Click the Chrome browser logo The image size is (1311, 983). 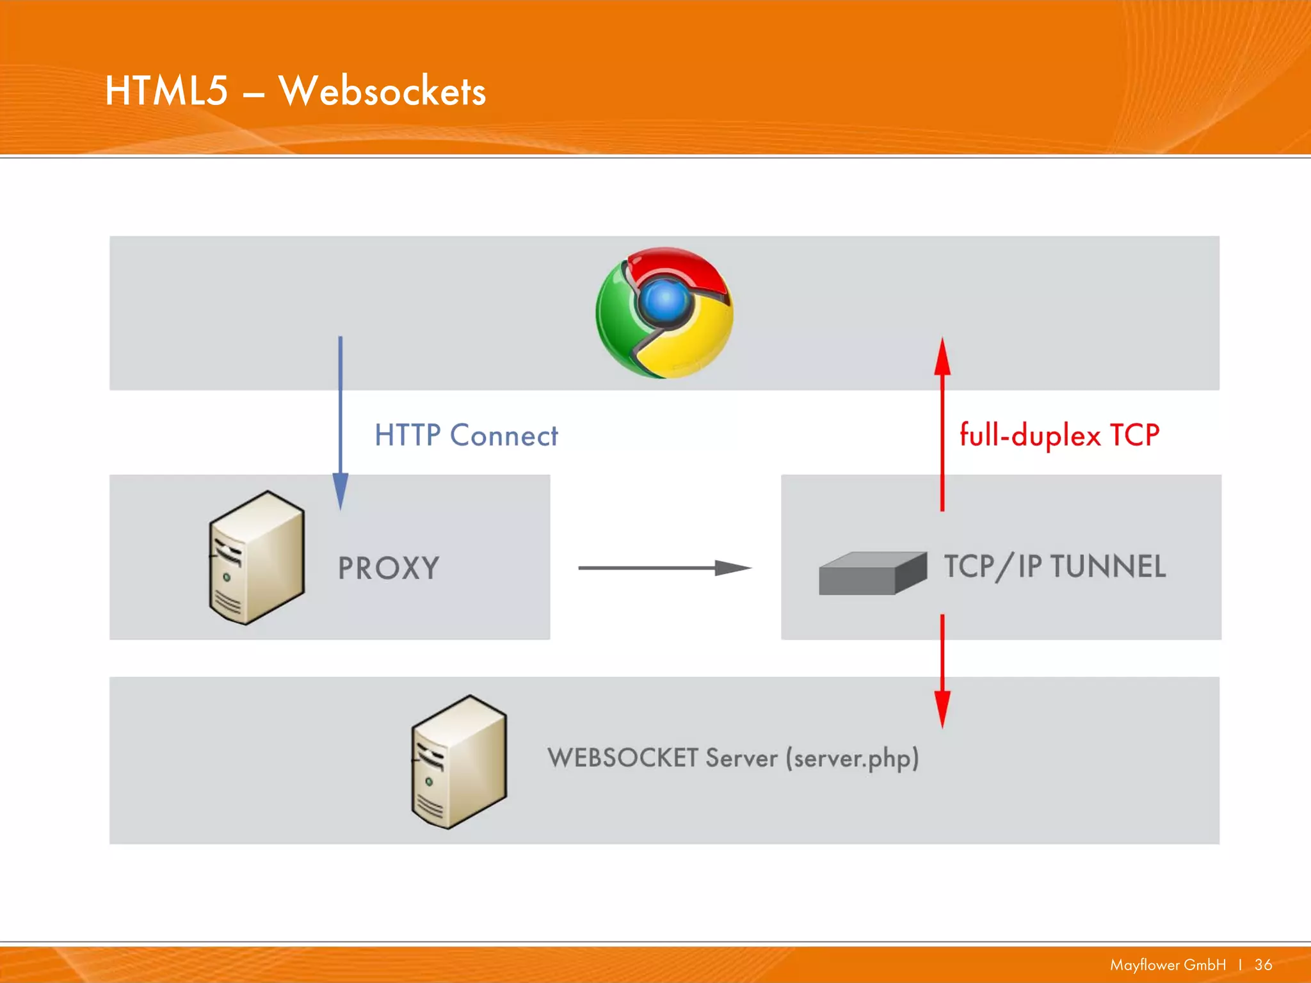click(x=664, y=312)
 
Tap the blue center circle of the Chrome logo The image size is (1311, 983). click(x=666, y=300)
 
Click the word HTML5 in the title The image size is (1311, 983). click(x=166, y=90)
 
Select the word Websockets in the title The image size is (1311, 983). click(x=382, y=92)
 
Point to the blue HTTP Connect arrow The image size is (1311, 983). click(x=341, y=416)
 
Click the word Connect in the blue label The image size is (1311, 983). click(x=504, y=436)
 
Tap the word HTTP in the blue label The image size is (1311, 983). click(x=407, y=435)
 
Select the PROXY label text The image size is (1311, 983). click(x=389, y=568)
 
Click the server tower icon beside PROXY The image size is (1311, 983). click(x=257, y=557)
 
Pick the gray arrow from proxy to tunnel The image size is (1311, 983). click(x=664, y=568)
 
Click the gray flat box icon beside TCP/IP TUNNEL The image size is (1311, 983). click(x=873, y=573)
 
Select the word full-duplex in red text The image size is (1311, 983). click(x=1030, y=436)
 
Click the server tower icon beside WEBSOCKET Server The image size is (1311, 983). click(x=459, y=762)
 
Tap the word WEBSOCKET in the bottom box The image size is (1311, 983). click(x=622, y=758)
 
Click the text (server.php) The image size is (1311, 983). click(x=852, y=759)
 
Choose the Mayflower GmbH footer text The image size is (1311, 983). click(x=1168, y=965)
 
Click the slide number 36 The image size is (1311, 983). click(x=1263, y=965)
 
